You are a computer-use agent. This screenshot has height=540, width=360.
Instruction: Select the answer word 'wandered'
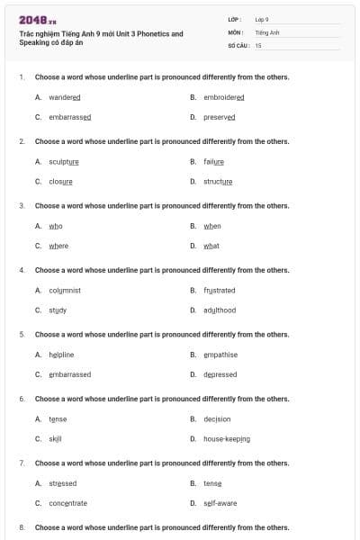[x=65, y=97]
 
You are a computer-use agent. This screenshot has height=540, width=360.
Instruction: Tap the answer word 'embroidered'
[x=224, y=97]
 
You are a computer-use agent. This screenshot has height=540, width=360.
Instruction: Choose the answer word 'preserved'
[x=220, y=117]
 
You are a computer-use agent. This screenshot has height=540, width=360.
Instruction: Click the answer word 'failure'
[x=214, y=162]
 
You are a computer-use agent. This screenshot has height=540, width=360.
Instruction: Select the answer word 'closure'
[x=60, y=182]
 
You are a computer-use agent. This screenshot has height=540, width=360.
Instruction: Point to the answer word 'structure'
[x=218, y=182]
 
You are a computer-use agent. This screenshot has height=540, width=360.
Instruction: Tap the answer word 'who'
[x=56, y=226]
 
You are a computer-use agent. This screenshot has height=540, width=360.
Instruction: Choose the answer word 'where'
[x=58, y=246]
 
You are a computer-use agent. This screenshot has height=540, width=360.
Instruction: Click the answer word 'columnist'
[x=65, y=291]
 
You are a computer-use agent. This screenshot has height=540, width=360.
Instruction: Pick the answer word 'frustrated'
[x=220, y=291]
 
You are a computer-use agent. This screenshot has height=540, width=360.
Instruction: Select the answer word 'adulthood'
[x=220, y=310]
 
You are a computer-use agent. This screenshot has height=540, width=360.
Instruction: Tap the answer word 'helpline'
[x=61, y=355]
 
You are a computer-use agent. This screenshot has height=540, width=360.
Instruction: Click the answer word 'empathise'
[x=220, y=355]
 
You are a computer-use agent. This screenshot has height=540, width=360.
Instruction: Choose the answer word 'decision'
[x=217, y=419]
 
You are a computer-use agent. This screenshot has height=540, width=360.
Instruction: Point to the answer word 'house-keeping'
[x=227, y=439]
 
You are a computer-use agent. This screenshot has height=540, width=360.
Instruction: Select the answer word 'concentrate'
[x=68, y=503]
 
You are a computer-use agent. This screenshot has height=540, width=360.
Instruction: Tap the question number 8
[x=21, y=527]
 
